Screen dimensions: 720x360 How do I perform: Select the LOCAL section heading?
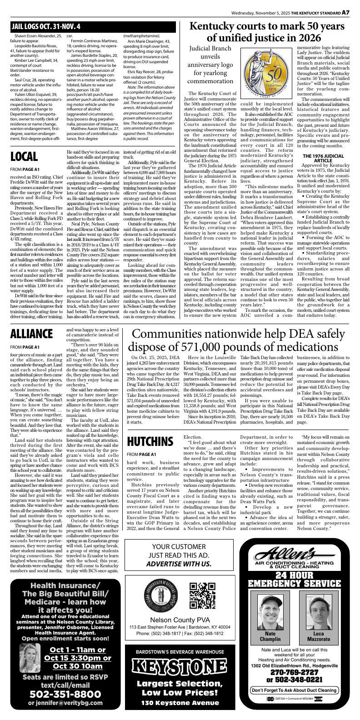(24, 157)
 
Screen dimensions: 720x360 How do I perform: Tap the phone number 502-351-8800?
(65, 694)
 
